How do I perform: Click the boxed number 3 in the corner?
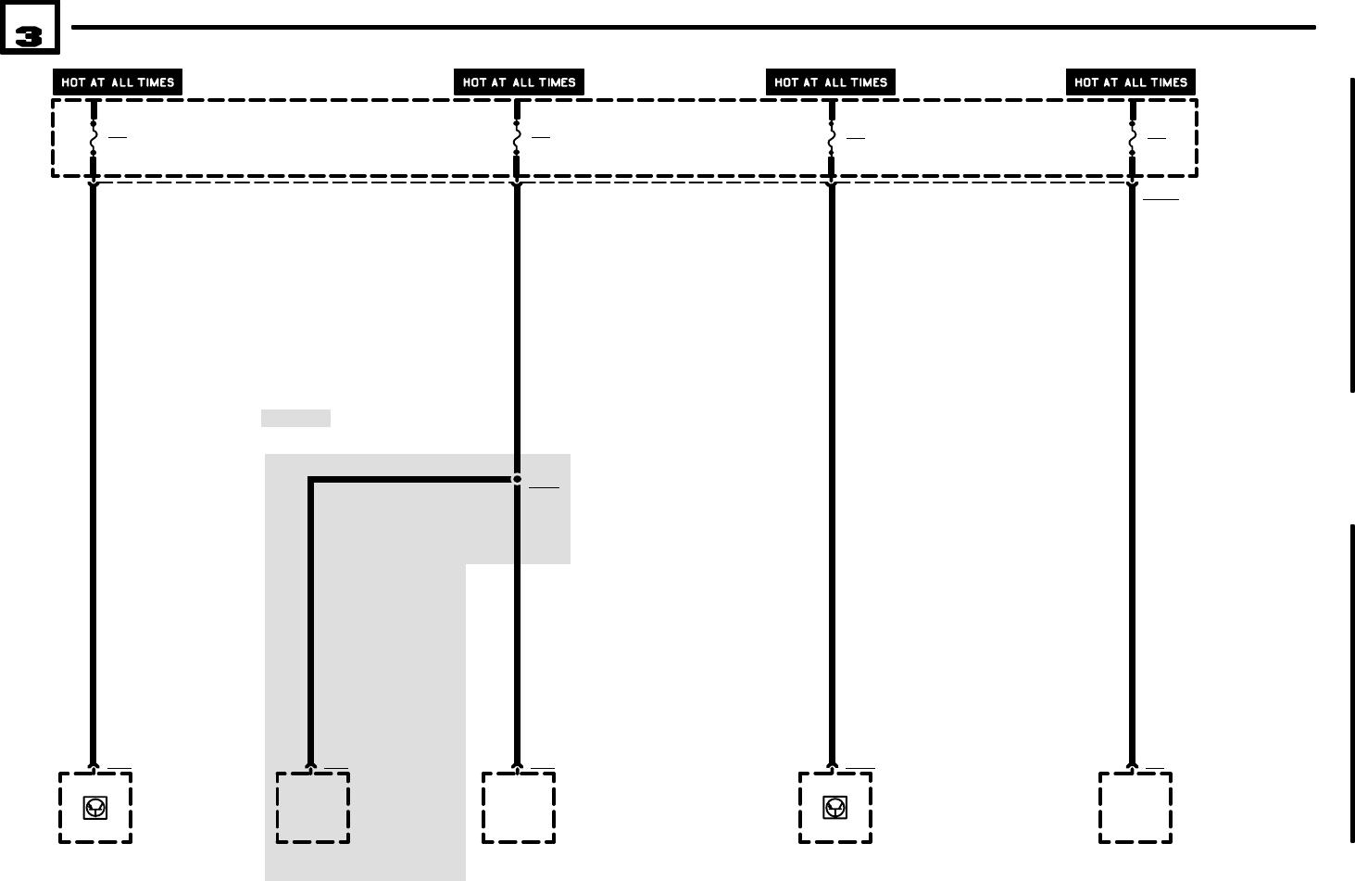click(30, 29)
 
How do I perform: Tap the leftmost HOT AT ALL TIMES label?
click(118, 82)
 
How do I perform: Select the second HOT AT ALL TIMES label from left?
click(519, 82)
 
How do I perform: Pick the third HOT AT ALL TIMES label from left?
click(831, 82)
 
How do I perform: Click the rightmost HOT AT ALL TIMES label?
click(1131, 82)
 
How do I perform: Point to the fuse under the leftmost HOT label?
click(94, 138)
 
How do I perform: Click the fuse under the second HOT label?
click(517, 138)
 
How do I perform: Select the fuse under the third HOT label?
click(832, 138)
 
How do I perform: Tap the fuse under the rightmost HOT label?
click(1132, 138)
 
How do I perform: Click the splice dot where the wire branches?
click(517, 479)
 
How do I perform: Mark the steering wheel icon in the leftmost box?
click(94, 809)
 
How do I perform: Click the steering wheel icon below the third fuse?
click(834, 809)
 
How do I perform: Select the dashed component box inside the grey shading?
click(313, 808)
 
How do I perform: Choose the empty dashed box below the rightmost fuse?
click(1135, 808)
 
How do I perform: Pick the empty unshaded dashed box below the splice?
click(519, 808)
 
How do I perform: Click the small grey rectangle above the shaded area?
click(295, 418)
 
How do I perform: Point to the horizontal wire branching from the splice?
click(412, 480)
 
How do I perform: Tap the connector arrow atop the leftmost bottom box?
click(94, 767)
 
